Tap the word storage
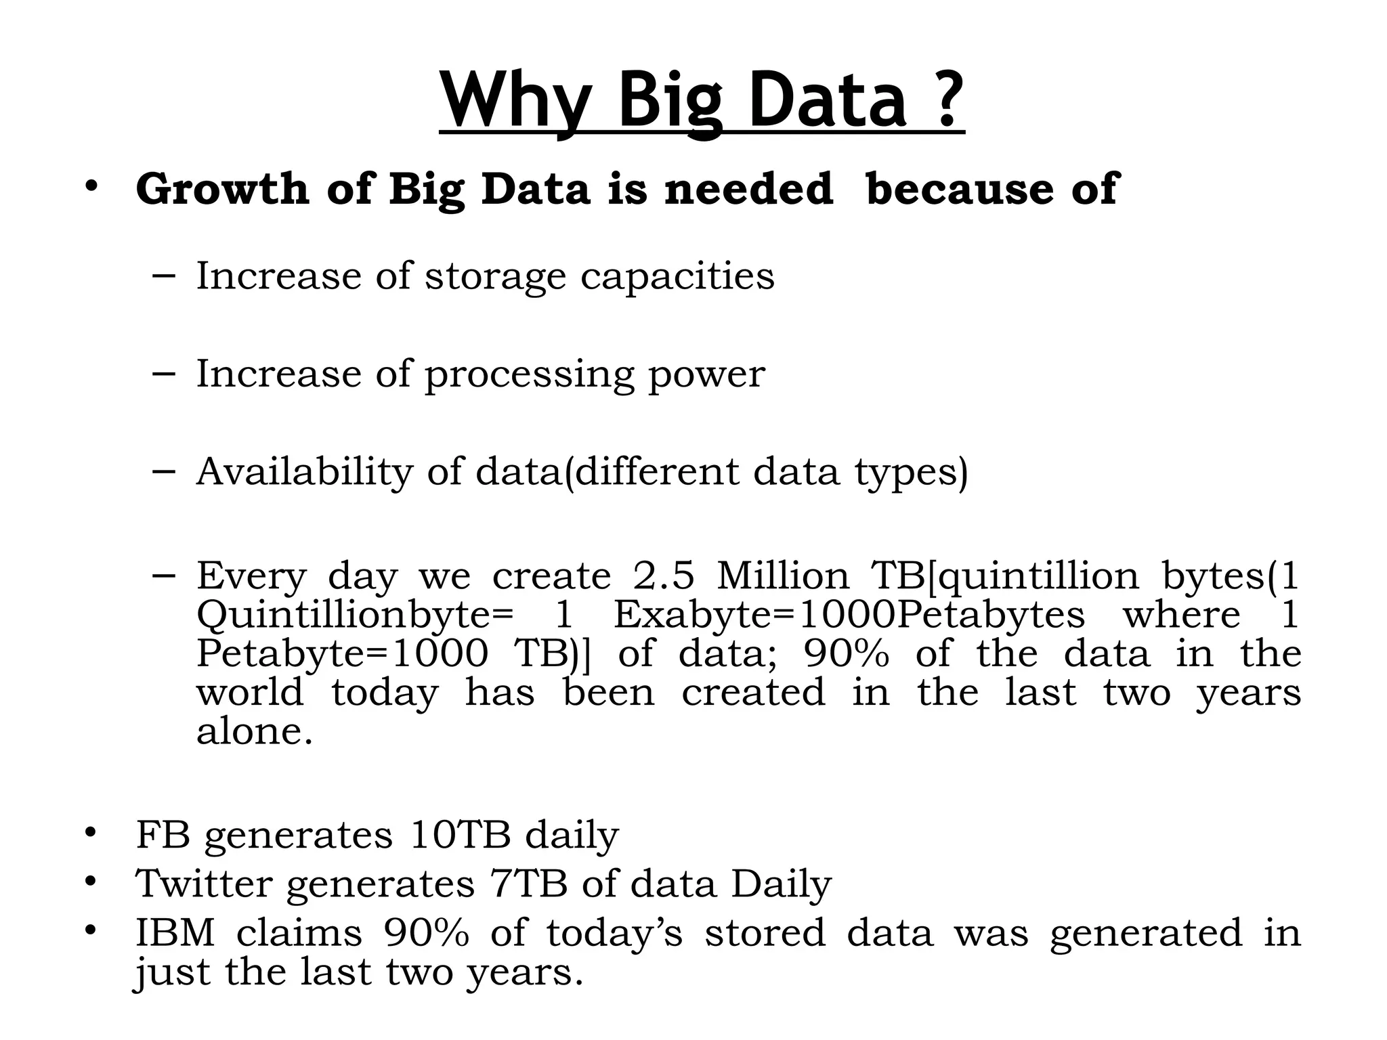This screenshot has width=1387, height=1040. pos(495,277)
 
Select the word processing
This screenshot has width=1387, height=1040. pos(529,374)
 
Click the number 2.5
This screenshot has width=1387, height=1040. pos(664,576)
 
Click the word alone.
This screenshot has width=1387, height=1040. pos(255,732)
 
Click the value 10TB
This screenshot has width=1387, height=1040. pos(460,835)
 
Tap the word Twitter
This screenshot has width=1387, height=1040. pos(204,884)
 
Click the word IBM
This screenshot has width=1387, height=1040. pos(175,932)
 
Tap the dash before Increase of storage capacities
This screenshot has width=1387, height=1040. pos(164,276)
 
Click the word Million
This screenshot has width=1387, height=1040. pos(782,576)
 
